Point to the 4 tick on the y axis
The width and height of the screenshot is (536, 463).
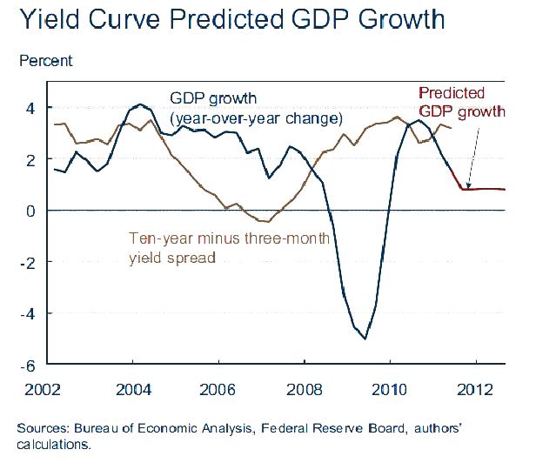click(x=30, y=109)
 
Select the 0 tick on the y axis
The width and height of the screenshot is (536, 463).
click(x=30, y=211)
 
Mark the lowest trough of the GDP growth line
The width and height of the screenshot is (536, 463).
click(x=365, y=339)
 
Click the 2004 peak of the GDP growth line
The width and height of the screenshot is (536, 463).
click(x=139, y=104)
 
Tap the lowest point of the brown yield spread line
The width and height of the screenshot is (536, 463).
click(x=267, y=222)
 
